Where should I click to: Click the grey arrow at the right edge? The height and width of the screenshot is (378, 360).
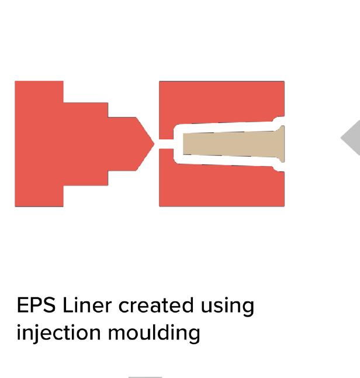(x=352, y=138)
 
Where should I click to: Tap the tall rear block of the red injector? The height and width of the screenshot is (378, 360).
(x=39, y=143)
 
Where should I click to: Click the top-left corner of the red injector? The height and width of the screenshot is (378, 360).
(x=16, y=83)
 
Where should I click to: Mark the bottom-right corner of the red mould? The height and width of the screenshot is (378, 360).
(x=283, y=205)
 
